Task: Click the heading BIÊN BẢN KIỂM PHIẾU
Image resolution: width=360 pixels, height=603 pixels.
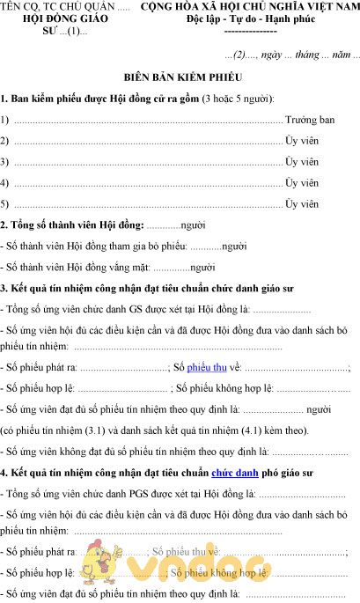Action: click(x=180, y=77)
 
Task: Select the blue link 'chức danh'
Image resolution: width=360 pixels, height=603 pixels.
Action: click(x=234, y=473)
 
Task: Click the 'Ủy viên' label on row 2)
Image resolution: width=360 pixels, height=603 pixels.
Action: click(x=302, y=140)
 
